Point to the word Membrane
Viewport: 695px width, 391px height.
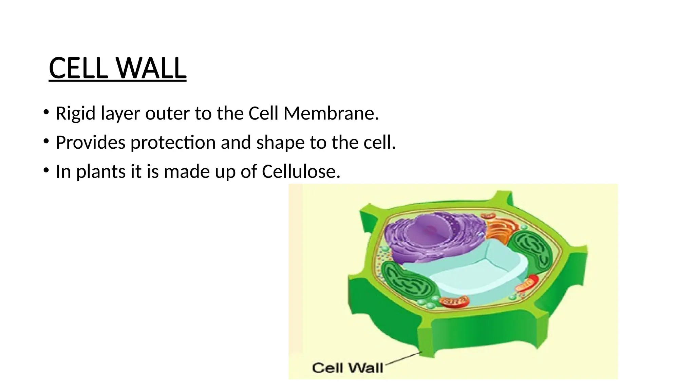(331, 113)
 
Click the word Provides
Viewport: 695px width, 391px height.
(90, 143)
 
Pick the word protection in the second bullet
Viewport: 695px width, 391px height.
(173, 143)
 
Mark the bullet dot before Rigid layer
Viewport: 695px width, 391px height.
(46, 112)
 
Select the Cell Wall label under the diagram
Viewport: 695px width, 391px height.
(347, 368)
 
